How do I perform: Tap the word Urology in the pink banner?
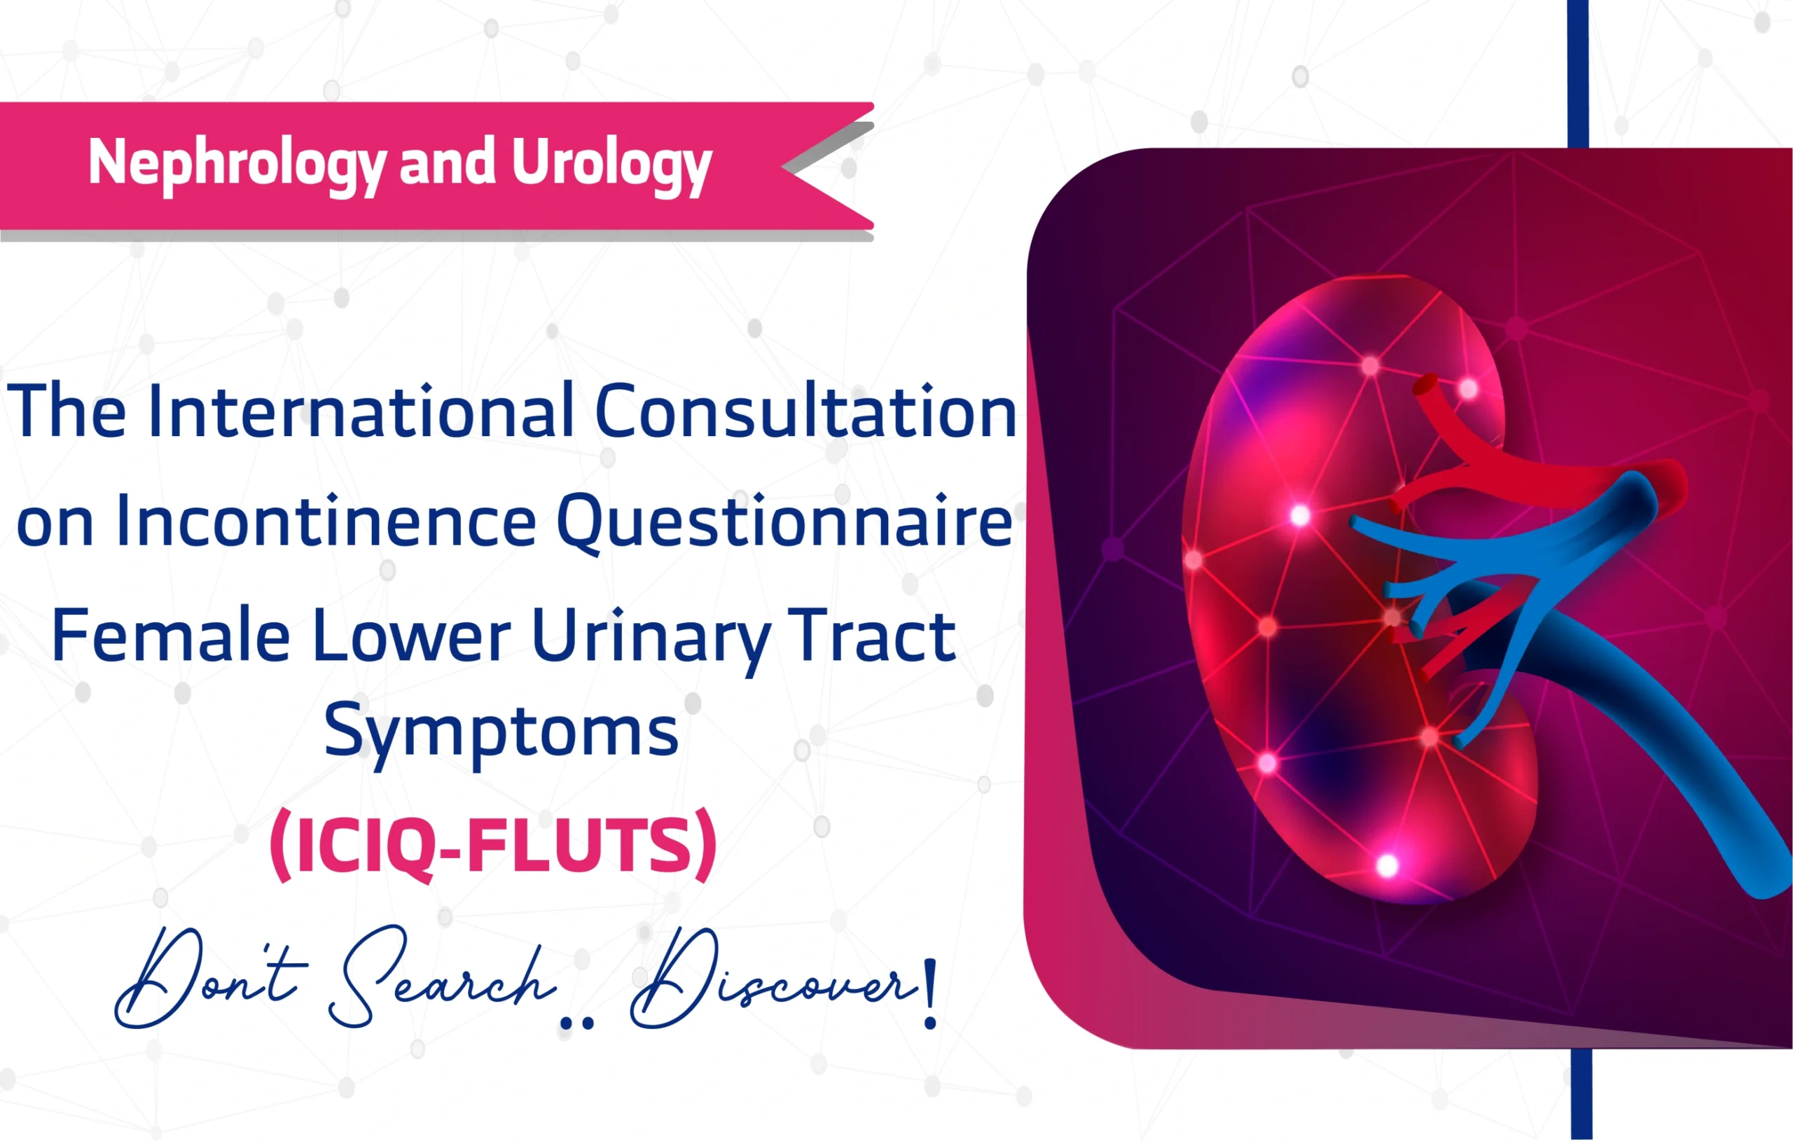pos(611,163)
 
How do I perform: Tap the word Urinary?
pos(650,636)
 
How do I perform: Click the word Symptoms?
pos(501,731)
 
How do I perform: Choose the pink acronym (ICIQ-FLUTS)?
pos(493,846)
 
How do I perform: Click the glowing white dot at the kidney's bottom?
pos(1387,866)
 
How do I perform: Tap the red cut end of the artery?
pos(1425,386)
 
